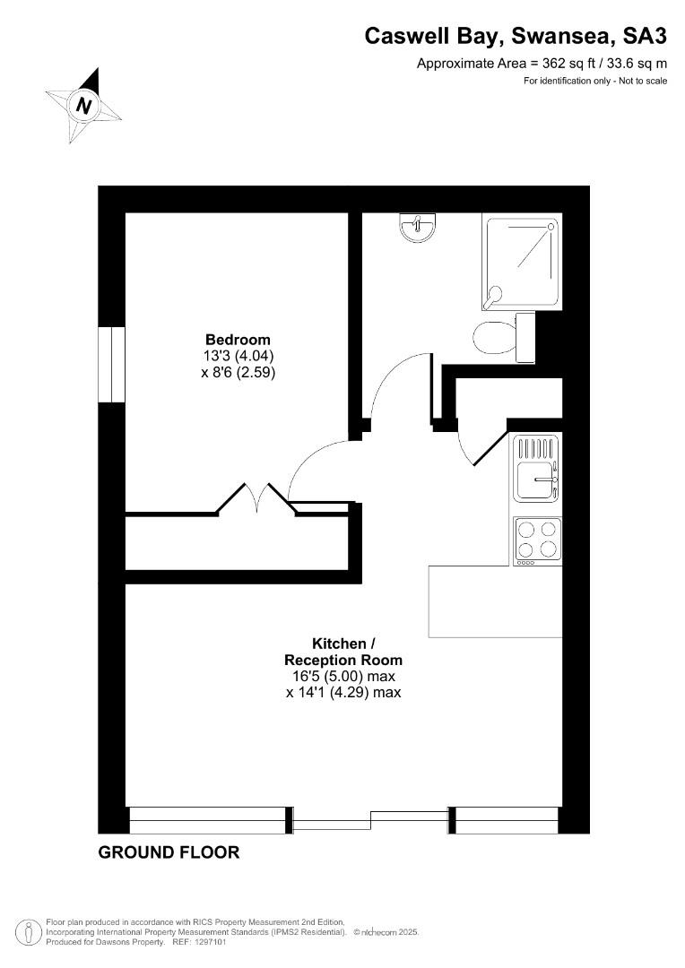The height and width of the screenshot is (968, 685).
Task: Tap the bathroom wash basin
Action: pos(418,227)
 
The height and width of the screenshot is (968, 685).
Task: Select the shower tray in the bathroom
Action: pos(523,262)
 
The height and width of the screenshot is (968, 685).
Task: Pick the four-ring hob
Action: pos(537,540)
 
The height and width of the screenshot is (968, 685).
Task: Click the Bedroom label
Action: pos(238,340)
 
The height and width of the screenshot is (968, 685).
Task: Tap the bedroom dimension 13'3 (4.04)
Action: pos(238,356)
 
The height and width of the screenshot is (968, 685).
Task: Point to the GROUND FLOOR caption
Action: pos(169,852)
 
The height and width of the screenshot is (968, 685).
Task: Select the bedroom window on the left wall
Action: pos(112,364)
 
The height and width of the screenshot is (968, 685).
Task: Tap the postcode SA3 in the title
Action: pos(645,37)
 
